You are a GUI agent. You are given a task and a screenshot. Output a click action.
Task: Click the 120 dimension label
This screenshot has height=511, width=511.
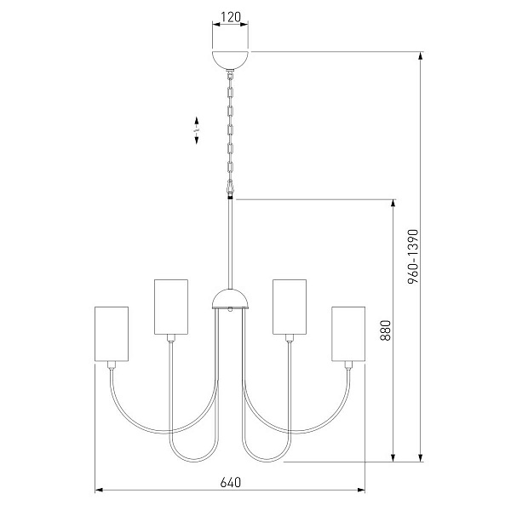[231, 17]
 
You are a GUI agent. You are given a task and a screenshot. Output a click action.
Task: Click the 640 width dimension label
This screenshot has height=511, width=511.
[231, 482]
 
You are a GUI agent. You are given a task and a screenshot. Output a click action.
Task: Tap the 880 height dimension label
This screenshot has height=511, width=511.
[386, 330]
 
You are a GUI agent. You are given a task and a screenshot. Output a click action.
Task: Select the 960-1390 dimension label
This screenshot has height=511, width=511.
[413, 256]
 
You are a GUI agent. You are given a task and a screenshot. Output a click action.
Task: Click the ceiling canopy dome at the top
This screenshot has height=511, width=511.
[230, 60]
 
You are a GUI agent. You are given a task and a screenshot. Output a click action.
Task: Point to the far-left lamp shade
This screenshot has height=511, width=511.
[112, 334]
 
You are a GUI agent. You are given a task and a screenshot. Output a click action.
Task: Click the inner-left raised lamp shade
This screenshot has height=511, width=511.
[171, 307]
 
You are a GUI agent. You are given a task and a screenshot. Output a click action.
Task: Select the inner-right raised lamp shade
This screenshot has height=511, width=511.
[290, 307]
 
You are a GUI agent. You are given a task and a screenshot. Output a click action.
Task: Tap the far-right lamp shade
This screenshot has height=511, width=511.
[348, 334]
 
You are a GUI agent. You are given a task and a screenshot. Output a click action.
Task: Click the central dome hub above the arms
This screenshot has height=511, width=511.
[231, 299]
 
